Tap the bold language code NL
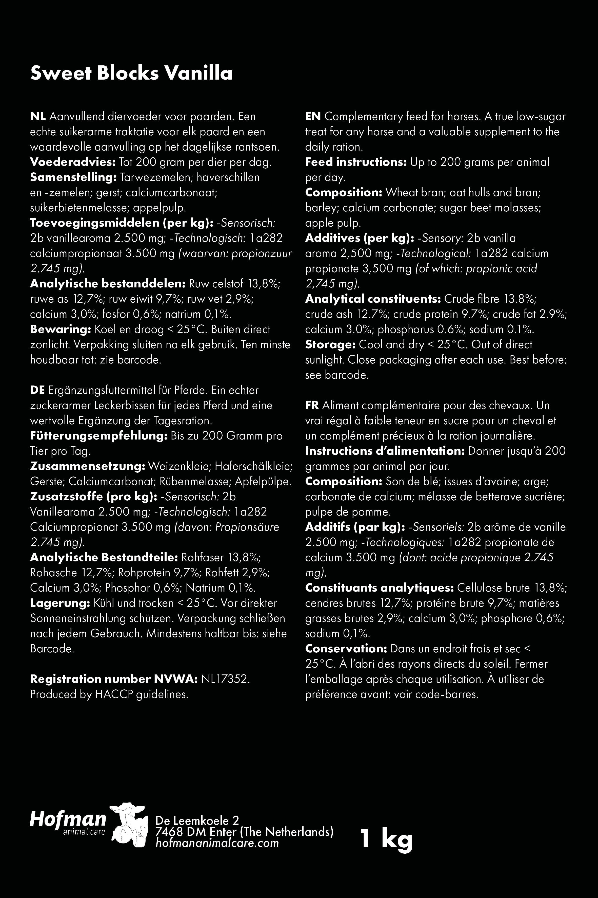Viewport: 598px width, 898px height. click(x=38, y=116)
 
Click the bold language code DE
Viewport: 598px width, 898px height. click(x=37, y=390)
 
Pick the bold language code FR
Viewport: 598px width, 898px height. click(x=312, y=406)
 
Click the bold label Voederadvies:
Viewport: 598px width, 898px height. click(x=72, y=162)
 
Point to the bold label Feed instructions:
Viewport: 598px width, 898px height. click(x=356, y=162)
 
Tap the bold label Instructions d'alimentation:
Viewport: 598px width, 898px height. click(x=384, y=451)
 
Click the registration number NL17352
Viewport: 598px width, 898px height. click(x=225, y=679)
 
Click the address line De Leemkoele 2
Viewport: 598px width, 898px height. click(x=197, y=820)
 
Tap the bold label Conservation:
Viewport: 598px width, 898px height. click(x=346, y=648)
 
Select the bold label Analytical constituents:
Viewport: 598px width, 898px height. click(x=373, y=299)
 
